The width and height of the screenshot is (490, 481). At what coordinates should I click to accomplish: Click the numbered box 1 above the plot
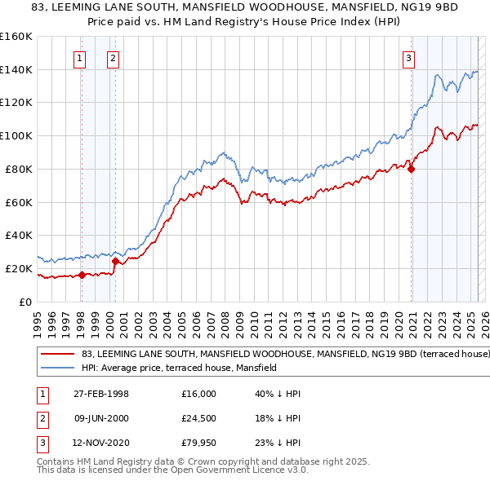pyautogui.click(x=80, y=58)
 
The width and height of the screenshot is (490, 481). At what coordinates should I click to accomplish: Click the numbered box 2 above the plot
pyautogui.click(x=112, y=58)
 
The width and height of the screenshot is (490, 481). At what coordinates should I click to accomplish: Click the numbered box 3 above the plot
pyautogui.click(x=408, y=58)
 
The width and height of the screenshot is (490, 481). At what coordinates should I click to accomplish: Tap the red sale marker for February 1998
pyautogui.click(x=82, y=275)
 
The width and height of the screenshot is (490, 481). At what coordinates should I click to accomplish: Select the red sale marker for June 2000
pyautogui.click(x=115, y=261)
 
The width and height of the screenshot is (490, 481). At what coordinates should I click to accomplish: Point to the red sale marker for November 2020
pyautogui.click(x=411, y=170)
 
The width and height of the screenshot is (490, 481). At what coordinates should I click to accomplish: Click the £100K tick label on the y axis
pyautogui.click(x=16, y=135)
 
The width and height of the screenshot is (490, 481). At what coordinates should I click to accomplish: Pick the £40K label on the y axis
pyautogui.click(x=18, y=235)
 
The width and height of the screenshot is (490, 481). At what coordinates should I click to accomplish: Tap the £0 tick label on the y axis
pyautogui.click(x=25, y=302)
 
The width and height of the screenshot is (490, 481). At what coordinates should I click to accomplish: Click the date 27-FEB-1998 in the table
pyautogui.click(x=100, y=394)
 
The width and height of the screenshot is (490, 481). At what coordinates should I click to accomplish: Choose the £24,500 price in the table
pyautogui.click(x=199, y=419)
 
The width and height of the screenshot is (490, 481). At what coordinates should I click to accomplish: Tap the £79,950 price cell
pyautogui.click(x=199, y=444)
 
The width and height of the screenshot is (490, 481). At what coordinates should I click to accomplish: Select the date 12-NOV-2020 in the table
pyautogui.click(x=101, y=444)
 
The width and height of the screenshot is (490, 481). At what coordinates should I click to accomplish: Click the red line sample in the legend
pyautogui.click(x=57, y=355)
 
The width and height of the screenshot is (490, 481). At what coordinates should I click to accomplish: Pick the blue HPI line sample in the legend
pyautogui.click(x=57, y=368)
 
